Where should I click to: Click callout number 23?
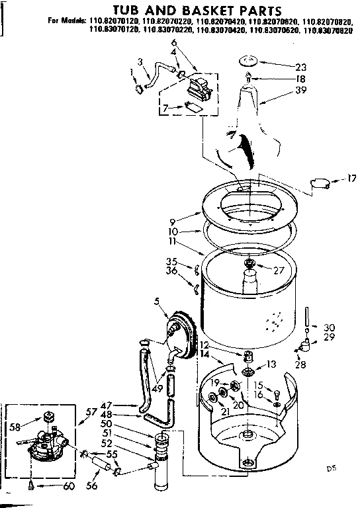tap(301, 66)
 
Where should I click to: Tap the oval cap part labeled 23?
tap(249, 62)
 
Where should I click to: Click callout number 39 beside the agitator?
tap(302, 92)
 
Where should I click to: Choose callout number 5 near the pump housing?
tap(157, 302)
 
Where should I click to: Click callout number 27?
tap(279, 269)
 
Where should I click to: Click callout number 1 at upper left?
tap(132, 71)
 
